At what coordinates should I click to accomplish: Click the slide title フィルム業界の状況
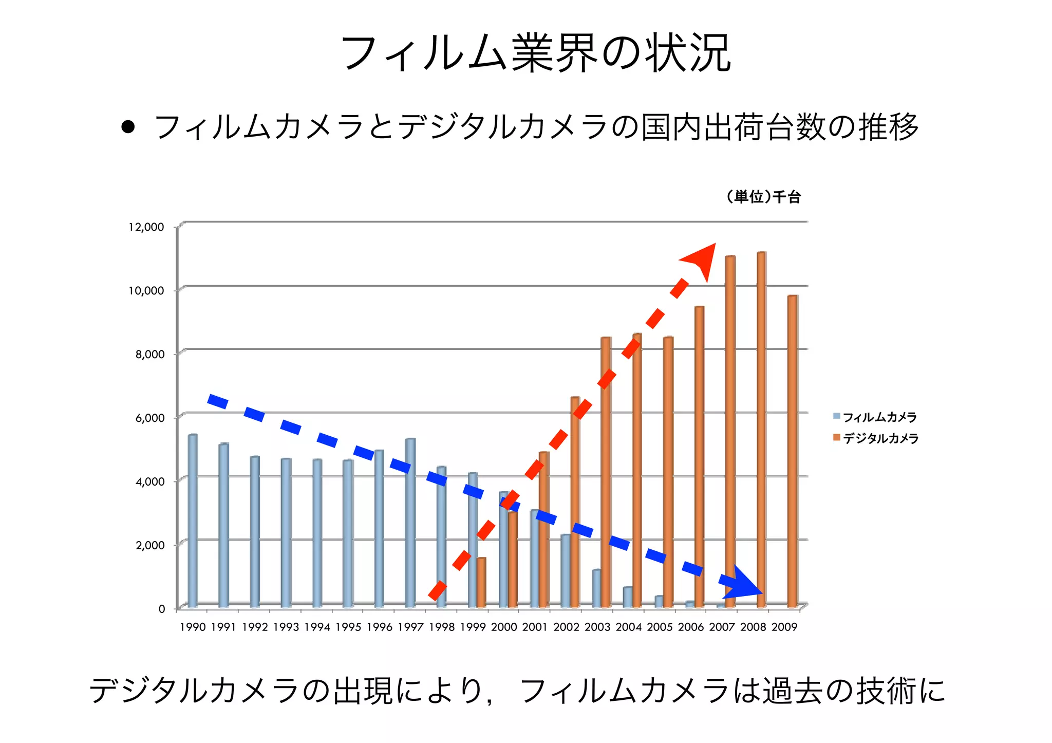536,53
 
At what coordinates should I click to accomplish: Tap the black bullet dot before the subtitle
128,127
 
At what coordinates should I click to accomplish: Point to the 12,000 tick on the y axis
146,227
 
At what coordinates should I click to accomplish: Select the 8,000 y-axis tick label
150,355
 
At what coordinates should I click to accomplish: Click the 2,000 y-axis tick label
150,545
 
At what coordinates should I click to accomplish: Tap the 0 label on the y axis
161,609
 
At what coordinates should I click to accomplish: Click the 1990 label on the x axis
193,627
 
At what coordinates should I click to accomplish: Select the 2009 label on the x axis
784,627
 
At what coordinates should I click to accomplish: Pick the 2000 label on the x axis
504,627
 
